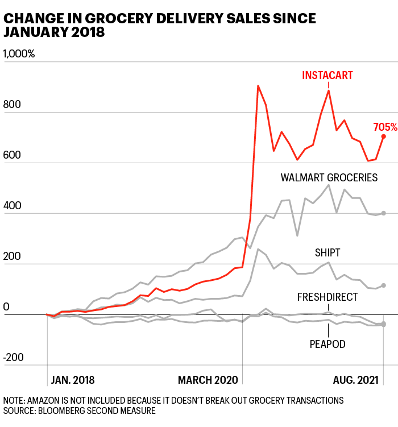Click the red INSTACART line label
(x=327, y=75)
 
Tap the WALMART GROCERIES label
(x=329, y=178)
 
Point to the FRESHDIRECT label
(x=327, y=297)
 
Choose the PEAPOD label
(x=328, y=343)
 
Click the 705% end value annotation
(x=385, y=126)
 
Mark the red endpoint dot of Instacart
(x=384, y=136)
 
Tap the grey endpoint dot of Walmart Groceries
(x=384, y=213)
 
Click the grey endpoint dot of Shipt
(x=384, y=285)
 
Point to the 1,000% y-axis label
(x=19, y=54)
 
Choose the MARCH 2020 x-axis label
(x=209, y=380)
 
